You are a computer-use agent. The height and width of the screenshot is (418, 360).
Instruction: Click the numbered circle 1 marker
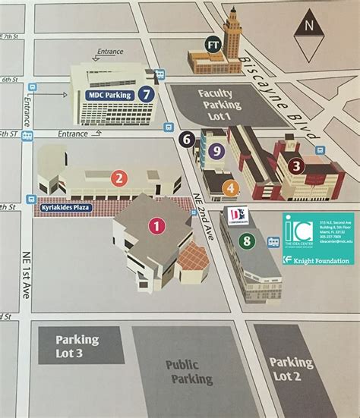[x=156, y=225]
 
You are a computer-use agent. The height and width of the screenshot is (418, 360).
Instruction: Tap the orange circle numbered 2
[x=118, y=179]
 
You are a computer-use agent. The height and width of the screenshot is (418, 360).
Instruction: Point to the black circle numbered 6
[x=187, y=139]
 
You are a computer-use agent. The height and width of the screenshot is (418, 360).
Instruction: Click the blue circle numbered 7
[x=147, y=95]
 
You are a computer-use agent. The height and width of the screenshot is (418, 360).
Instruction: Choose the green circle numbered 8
[x=246, y=242]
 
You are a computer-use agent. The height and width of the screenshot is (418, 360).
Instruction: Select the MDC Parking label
[x=108, y=95]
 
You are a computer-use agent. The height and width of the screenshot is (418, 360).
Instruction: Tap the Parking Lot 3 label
[x=79, y=348]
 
